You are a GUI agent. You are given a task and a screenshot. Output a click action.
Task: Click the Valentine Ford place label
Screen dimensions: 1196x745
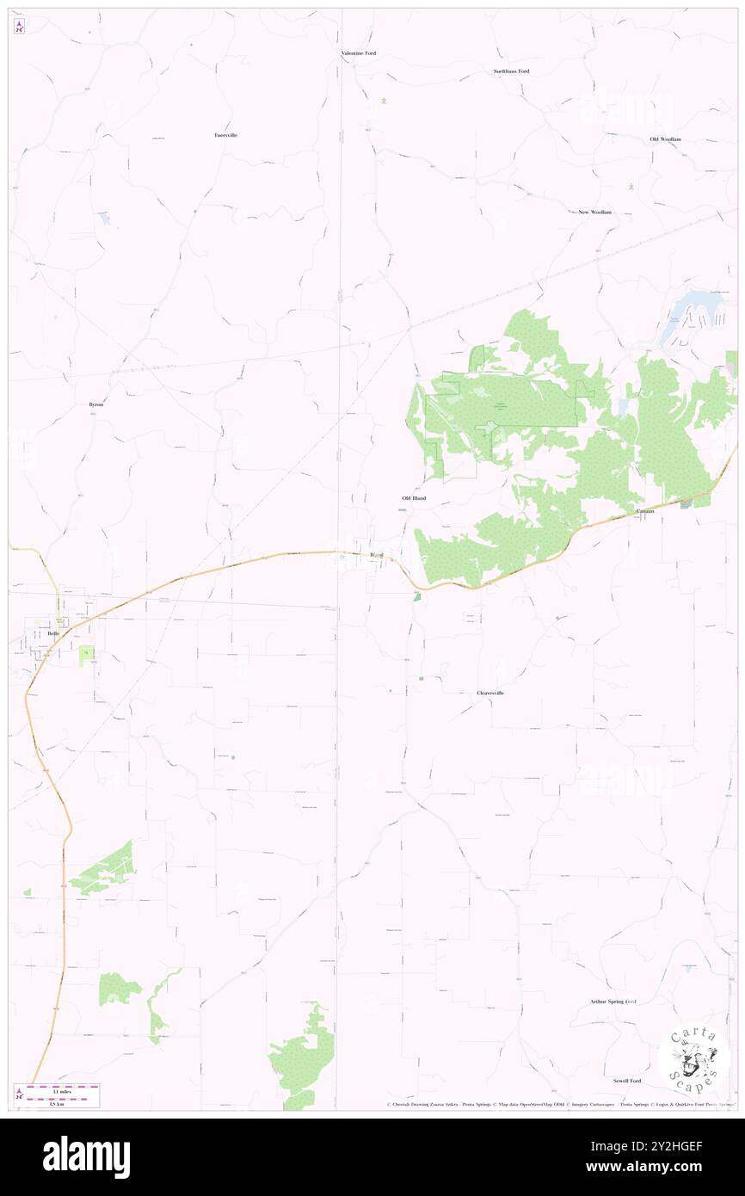point(358,53)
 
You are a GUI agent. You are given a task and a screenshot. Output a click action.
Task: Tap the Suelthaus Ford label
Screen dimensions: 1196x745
point(511,71)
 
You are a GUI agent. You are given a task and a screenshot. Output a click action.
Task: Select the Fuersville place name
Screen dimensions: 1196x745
point(226,135)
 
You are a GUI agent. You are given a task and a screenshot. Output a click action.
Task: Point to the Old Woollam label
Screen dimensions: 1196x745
point(665,139)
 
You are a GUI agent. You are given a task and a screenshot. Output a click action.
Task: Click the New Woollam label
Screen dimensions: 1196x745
point(594,212)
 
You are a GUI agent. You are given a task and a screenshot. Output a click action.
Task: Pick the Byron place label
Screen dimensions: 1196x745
point(96,404)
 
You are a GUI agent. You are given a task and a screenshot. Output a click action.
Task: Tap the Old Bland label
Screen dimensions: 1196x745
point(414,498)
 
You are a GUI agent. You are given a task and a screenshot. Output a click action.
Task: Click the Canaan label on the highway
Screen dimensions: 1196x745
point(645,511)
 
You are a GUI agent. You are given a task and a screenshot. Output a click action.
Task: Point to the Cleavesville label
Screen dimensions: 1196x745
point(490,693)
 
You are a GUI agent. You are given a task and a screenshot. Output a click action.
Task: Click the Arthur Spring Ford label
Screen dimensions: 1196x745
point(613,1002)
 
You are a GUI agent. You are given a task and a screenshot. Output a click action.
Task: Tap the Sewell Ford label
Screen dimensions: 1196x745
point(627,1081)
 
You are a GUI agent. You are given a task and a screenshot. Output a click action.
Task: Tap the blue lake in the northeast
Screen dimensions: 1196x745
point(686,310)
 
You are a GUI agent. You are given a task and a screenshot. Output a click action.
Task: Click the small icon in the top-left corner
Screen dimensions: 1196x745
point(20,27)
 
